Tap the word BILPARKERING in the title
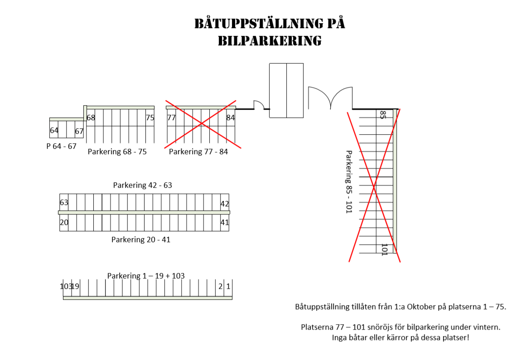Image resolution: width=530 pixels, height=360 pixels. coord(270,41)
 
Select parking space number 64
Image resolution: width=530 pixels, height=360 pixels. coord(54,130)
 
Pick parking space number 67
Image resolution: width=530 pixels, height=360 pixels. coord(79,131)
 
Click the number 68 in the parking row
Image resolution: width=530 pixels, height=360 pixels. coord(91,118)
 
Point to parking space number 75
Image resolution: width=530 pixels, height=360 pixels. coord(150,118)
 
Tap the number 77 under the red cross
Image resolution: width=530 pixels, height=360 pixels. coord(172,118)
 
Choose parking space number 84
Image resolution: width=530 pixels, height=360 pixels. coord(231,118)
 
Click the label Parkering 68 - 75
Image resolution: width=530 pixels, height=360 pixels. coord(117,151)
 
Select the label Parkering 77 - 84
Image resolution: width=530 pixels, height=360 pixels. coord(198,151)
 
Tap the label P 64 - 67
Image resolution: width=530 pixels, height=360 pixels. coord(62,146)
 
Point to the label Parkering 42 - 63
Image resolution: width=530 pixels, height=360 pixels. coord(143,185)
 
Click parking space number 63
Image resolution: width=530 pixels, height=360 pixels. coord(64,202)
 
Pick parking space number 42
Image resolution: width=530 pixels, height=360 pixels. coord(225,204)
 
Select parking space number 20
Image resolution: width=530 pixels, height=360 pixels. coord(64,222)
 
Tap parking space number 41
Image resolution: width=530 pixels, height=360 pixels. coord(225,222)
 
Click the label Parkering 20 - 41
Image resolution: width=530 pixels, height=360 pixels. coord(141,239)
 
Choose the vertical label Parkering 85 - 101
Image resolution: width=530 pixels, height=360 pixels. coord(348,182)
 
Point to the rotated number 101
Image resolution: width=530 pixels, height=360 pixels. coord(384,249)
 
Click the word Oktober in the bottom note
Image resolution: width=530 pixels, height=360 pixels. coord(421,306)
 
